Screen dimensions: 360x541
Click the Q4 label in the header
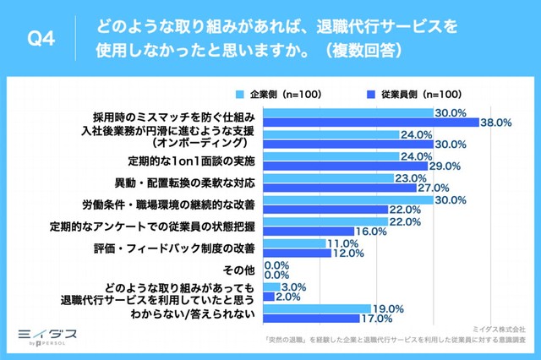pos(41,39)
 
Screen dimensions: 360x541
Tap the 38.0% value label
pos(495,123)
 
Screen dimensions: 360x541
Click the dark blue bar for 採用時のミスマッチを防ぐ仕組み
pos(371,123)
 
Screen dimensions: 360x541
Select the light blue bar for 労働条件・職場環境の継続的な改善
pos(347,199)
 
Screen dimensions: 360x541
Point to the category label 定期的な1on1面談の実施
pos(191,161)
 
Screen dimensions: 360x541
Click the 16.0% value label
pos(371,231)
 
